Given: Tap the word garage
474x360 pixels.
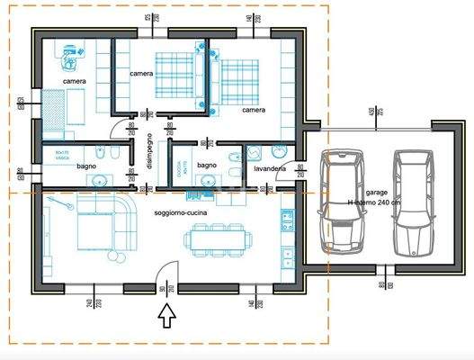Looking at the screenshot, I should pos(378,193).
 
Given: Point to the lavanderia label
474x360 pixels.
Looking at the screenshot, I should pos(270,168).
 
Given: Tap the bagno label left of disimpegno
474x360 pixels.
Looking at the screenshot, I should pos(86,166).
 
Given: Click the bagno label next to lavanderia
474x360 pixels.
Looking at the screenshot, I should pos(207,166).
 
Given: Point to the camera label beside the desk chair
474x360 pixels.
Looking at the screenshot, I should pos(75,82).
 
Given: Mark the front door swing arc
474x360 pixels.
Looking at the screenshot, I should pos(169,268).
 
